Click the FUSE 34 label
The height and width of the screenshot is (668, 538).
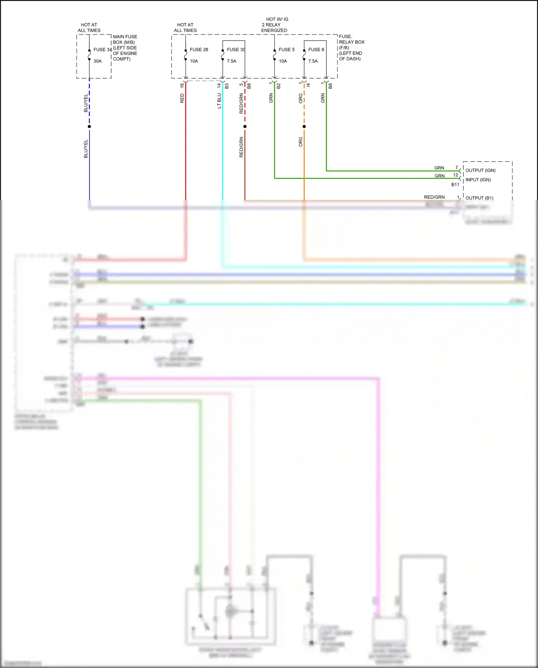102,50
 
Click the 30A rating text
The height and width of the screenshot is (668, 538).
98,61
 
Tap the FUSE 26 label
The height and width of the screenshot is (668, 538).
199,50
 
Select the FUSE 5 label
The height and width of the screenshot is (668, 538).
287,50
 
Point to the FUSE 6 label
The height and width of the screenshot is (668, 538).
316,50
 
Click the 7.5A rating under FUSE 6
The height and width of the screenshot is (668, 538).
313,61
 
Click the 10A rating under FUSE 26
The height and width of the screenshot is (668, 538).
194,61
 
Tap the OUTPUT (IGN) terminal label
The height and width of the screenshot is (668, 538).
480,170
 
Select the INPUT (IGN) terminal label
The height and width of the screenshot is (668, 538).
478,180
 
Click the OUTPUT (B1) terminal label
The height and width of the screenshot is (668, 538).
479,198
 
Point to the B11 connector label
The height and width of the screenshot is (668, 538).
455,184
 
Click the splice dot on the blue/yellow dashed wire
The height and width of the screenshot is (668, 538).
89,126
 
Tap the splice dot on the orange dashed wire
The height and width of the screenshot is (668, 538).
304,126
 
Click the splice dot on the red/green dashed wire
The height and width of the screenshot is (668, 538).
245,126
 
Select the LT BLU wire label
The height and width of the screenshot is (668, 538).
219,101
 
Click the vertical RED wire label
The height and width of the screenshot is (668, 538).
182,98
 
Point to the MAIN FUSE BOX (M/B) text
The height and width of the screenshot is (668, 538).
125,39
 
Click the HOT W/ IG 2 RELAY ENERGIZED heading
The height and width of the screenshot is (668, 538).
275,25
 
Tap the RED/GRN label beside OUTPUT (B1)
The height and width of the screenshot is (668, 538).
434,197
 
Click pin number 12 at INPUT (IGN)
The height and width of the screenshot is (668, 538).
456,175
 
